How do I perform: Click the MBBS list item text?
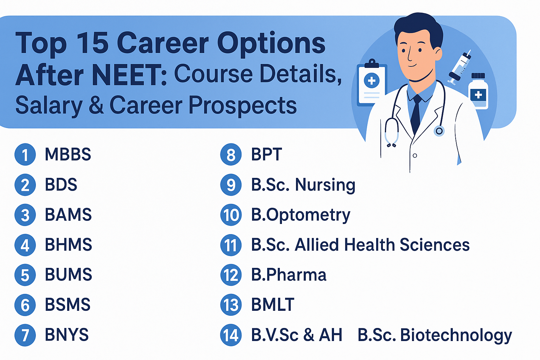point(68,154)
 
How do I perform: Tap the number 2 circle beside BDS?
point(25,185)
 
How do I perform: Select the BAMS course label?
point(68,214)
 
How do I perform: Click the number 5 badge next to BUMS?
point(25,275)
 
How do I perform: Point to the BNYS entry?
point(67,334)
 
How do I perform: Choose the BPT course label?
point(266,154)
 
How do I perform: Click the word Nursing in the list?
point(325,185)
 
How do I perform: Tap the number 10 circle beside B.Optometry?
point(231,215)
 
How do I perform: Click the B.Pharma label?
point(289,275)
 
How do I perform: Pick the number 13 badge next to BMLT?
point(231,305)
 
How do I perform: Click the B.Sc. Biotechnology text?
point(435,335)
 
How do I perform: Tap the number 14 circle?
point(231,335)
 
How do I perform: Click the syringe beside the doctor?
point(459,67)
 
